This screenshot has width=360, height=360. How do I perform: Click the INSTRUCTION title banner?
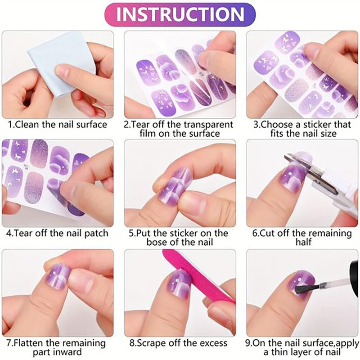pos(180,14)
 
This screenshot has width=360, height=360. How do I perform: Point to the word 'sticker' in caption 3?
pos(318,125)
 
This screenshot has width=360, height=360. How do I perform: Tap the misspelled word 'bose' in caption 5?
pos(156,242)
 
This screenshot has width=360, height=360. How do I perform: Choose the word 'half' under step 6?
pos(303,242)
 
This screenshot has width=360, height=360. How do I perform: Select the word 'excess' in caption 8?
pos(213,343)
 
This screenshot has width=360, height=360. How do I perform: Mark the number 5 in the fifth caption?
pos(131,234)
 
